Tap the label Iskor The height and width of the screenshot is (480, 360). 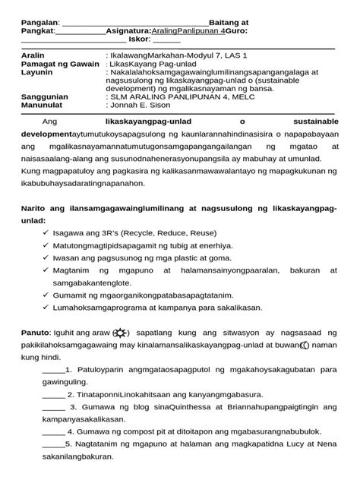click(141, 39)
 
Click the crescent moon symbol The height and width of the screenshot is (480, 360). click(304, 346)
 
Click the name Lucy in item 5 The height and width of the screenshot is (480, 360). click(295, 444)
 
